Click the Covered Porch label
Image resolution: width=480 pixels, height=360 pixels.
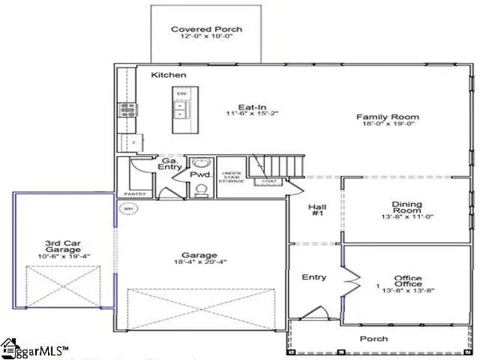[206, 30]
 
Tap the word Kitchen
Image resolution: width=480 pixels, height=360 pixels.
[169, 75]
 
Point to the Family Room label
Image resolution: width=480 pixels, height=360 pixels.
[388, 117]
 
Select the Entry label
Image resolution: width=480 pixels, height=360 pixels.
[314, 278]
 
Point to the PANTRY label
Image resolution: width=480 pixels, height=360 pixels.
[133, 194]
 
